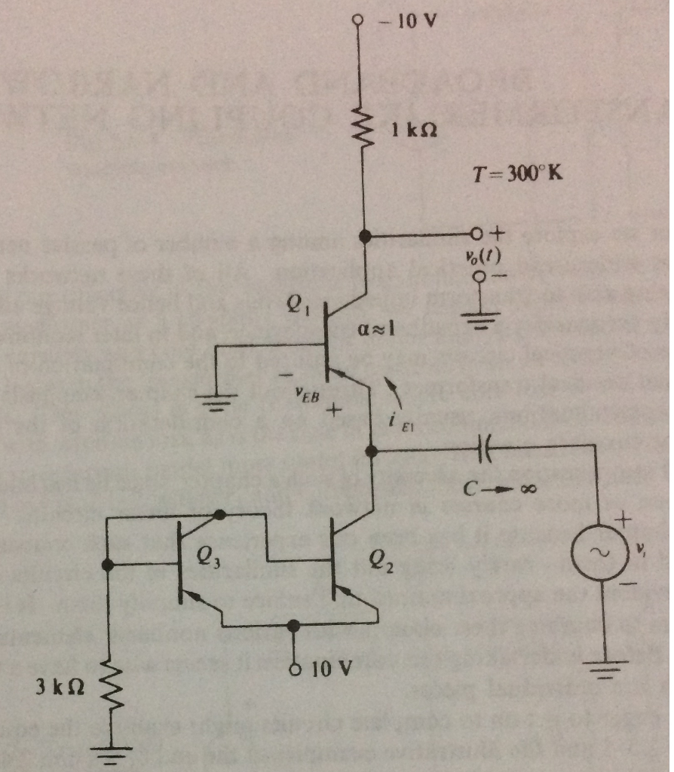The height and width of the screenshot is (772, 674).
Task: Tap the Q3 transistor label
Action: (208, 559)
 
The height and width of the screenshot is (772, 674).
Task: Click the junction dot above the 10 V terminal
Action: (295, 624)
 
